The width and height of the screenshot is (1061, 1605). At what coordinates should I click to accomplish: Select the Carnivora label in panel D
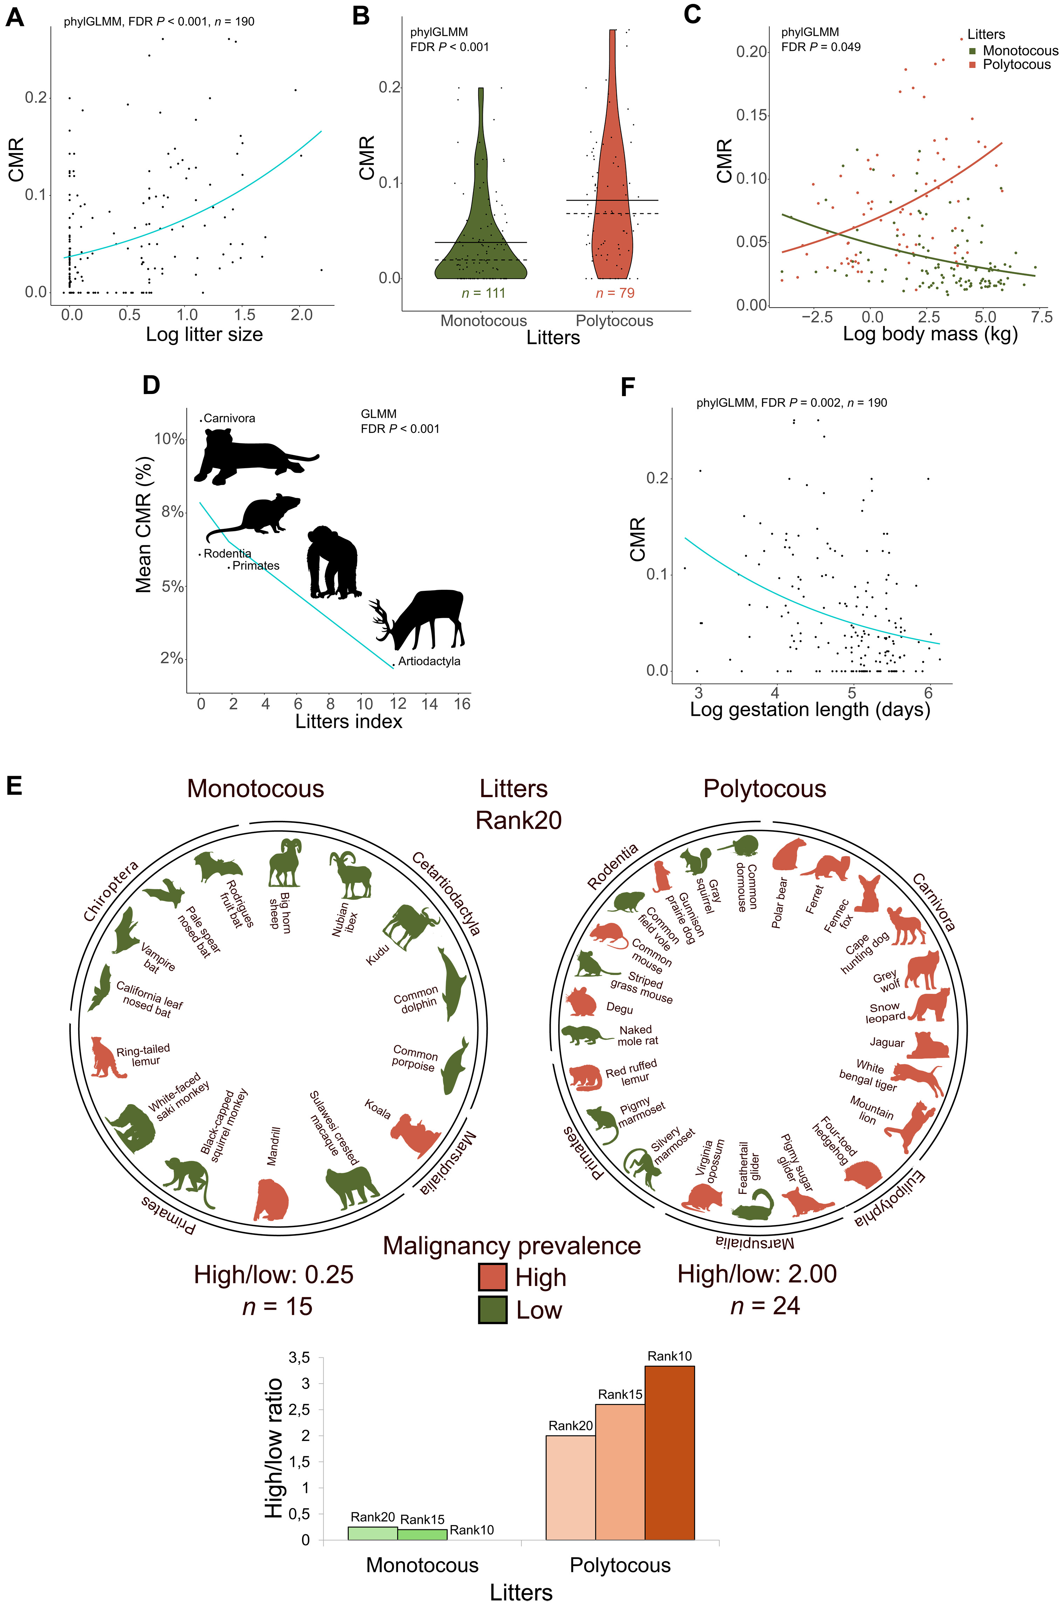click(229, 418)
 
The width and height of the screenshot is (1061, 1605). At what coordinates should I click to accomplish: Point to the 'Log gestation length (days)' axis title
click(810, 710)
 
